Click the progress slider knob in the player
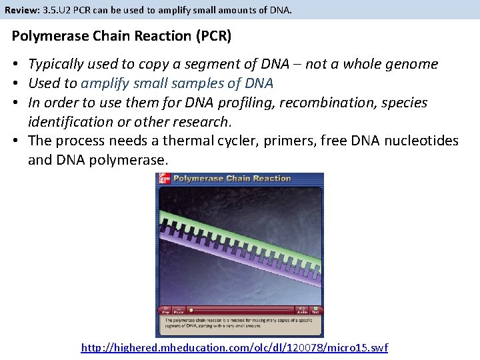(191, 309)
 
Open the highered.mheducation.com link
(234, 348)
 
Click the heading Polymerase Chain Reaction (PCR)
(122, 36)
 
